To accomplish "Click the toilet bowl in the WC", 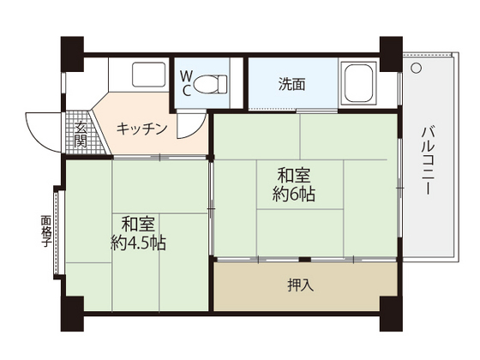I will click(x=211, y=84).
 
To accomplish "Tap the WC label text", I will click(x=186, y=84).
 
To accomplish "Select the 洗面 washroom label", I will click(x=291, y=84).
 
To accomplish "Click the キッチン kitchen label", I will click(x=141, y=129).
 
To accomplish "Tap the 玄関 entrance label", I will click(x=80, y=135).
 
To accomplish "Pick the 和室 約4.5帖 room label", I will click(x=137, y=233).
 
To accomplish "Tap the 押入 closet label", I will click(x=300, y=285).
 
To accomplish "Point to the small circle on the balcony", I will click(x=416, y=66).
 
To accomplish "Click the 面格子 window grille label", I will click(x=45, y=231).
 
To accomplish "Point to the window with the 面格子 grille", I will click(x=58, y=231).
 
